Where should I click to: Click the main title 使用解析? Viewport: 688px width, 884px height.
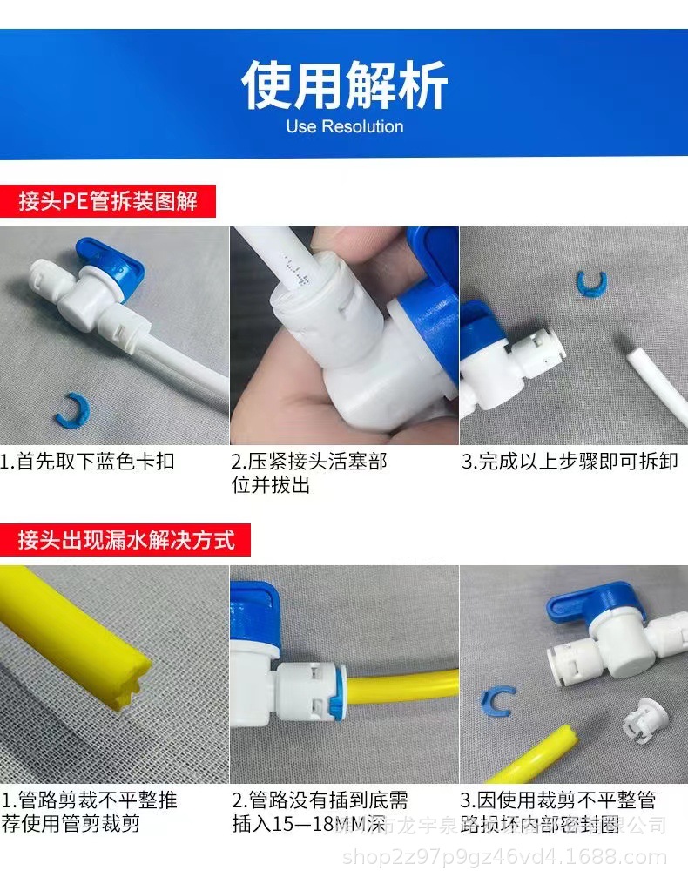tap(344, 85)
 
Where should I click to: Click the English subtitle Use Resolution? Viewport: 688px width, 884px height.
tap(344, 127)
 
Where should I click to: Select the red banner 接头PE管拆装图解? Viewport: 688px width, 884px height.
tap(108, 202)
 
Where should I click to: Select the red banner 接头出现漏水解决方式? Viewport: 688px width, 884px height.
tap(126, 539)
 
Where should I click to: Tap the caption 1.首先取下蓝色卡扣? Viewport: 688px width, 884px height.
tap(88, 462)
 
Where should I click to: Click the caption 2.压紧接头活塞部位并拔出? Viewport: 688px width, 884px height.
tap(309, 473)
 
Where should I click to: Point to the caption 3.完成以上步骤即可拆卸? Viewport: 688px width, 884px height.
tap(570, 462)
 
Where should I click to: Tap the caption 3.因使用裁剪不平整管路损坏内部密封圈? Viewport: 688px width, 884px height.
tap(558, 812)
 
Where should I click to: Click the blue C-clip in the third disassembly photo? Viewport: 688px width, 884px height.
tap(591, 283)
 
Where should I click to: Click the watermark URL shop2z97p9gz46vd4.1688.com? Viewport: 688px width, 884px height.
tap(505, 858)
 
